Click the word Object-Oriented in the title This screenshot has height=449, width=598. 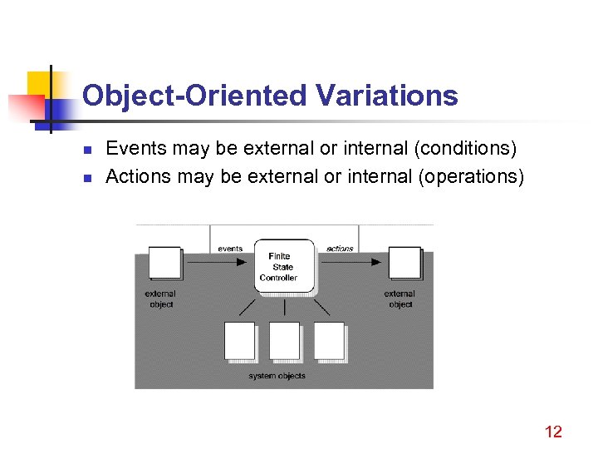coord(195,96)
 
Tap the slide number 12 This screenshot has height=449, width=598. coord(553,431)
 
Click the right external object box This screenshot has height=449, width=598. coord(404,263)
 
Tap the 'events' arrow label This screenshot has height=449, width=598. coord(230,248)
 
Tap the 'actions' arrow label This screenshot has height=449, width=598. coord(340,248)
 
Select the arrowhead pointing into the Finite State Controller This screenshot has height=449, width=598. coord(242,262)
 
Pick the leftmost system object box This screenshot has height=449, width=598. coord(240,341)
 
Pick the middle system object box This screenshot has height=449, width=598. coord(284,341)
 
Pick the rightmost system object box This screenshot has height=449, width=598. coord(329,341)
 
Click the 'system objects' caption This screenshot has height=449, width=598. coord(277,376)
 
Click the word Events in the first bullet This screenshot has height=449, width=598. coord(130,149)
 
